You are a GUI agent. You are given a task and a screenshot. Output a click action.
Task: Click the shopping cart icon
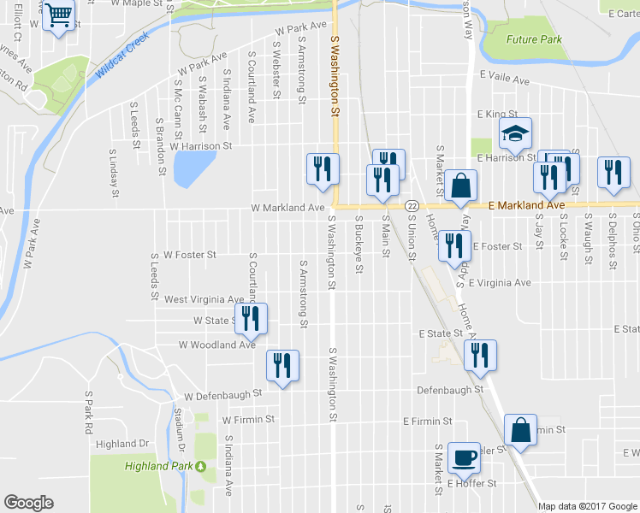click(x=58, y=15)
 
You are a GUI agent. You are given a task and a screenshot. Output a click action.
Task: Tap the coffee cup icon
click(x=464, y=457)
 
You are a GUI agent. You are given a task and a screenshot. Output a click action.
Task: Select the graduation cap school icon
click(x=515, y=133)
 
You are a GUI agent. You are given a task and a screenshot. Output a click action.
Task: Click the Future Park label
click(x=534, y=39)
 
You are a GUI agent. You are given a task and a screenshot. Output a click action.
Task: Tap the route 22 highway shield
click(x=412, y=206)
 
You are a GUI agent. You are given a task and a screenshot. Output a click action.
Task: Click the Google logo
click(x=28, y=503)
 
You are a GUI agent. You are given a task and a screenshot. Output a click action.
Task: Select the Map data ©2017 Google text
click(x=587, y=506)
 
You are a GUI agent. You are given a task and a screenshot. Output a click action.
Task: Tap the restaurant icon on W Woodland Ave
click(x=281, y=365)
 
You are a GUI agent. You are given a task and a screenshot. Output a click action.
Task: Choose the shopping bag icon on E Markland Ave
click(x=460, y=185)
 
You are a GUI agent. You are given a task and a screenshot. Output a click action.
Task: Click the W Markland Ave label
click(x=287, y=208)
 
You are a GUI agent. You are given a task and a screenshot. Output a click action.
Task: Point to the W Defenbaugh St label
click(x=222, y=395)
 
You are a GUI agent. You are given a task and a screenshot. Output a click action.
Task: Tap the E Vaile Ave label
click(x=505, y=80)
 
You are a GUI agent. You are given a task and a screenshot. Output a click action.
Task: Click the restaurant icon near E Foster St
click(x=453, y=245)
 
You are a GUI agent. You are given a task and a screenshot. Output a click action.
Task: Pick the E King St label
click(x=498, y=114)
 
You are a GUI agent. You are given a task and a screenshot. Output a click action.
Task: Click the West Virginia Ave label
click(x=204, y=299)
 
